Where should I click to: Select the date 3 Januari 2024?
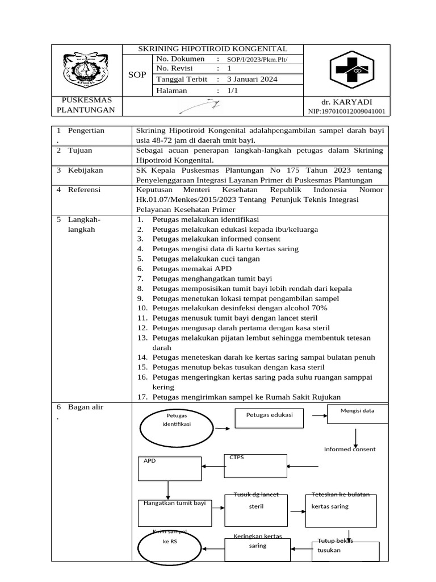pyautogui.click(x=252, y=80)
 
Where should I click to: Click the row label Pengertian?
pyautogui.click(x=86, y=130)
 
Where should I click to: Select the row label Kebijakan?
pyautogui.click(x=86, y=170)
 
